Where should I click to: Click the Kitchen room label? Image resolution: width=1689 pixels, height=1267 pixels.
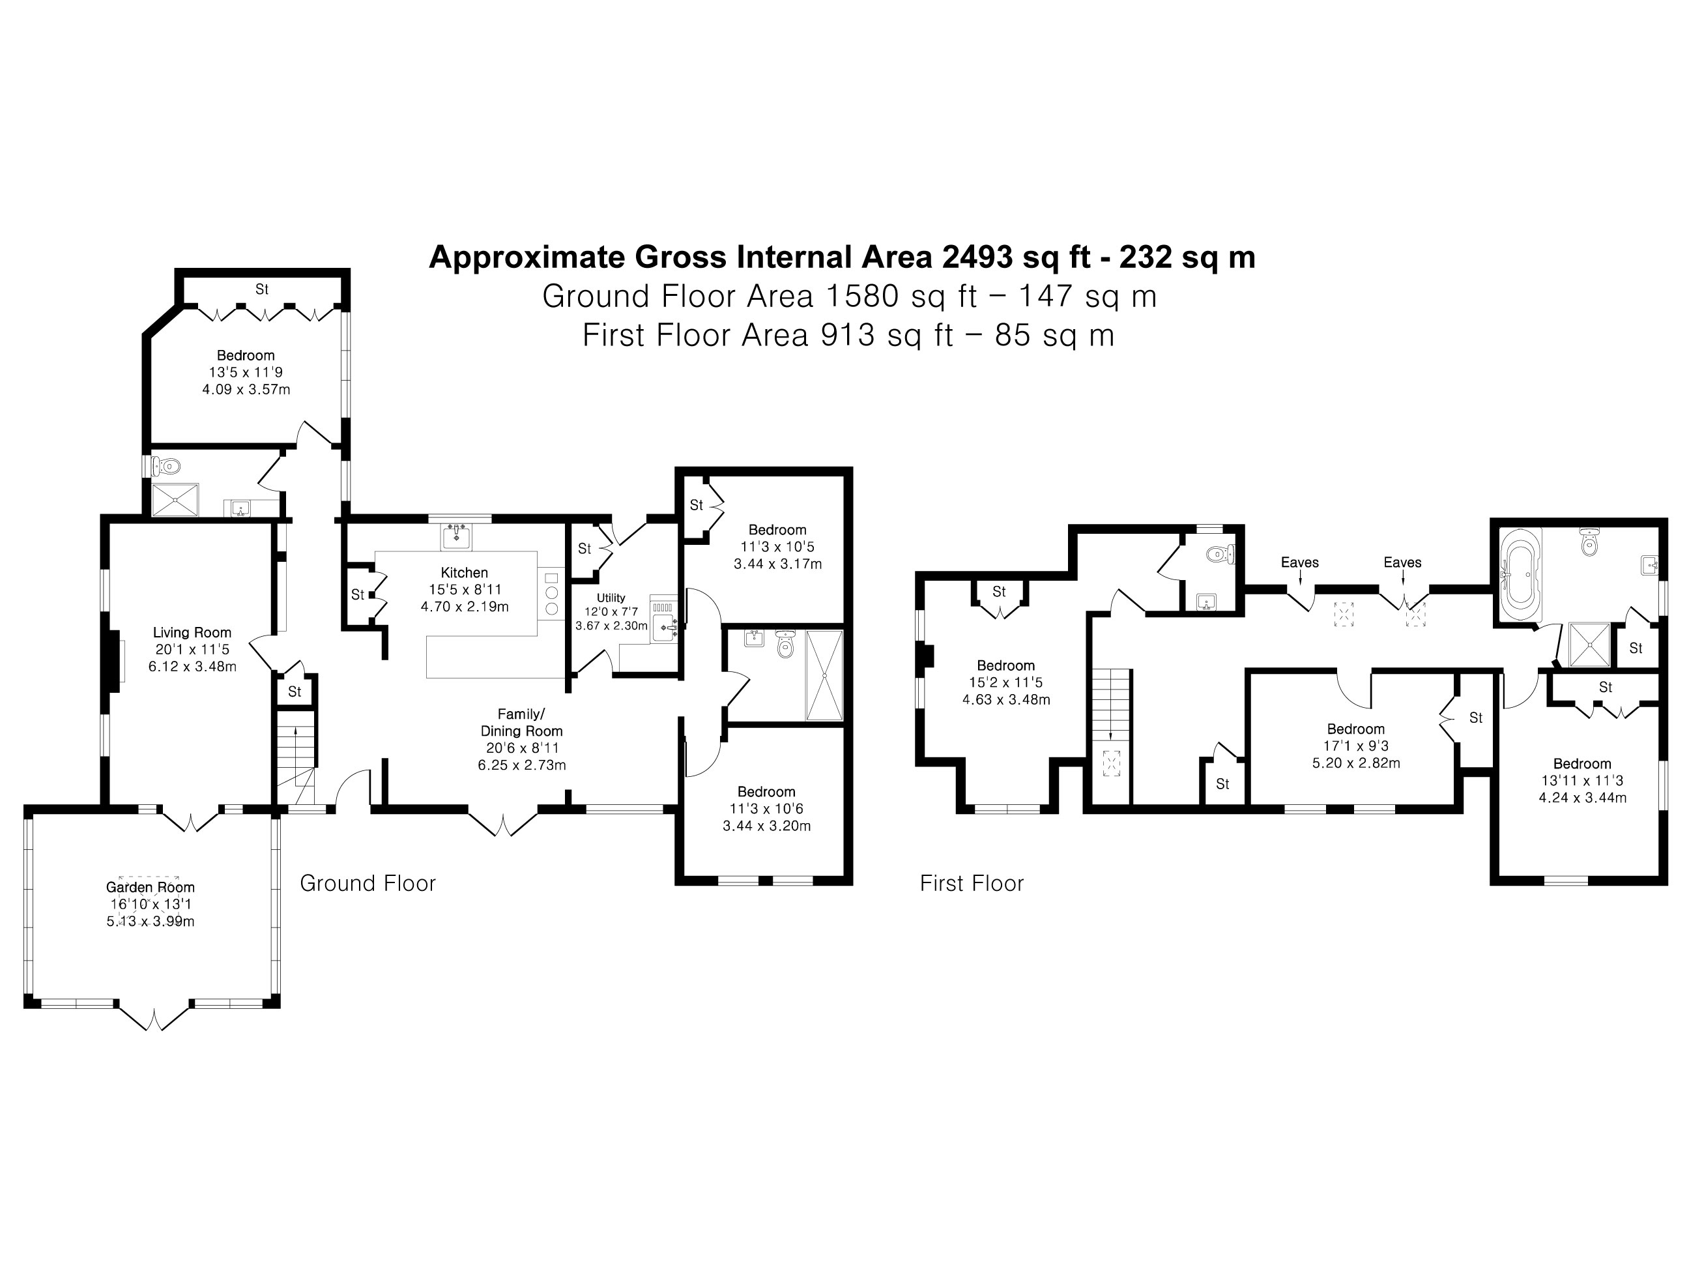463,573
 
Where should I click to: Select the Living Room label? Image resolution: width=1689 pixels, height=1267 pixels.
192,632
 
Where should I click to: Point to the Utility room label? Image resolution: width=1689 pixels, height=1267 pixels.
610,598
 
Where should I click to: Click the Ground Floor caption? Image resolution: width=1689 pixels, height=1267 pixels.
368,884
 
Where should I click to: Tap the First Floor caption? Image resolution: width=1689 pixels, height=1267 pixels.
972,884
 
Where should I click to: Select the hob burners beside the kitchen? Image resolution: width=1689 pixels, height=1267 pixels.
551,592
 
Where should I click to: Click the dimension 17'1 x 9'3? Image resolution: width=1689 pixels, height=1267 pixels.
1355,746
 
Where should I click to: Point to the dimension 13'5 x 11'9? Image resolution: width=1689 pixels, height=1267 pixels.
246,373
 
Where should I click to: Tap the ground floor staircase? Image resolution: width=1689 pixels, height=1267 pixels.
295,756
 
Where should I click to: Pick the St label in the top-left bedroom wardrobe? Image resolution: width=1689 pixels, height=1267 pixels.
262,289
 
